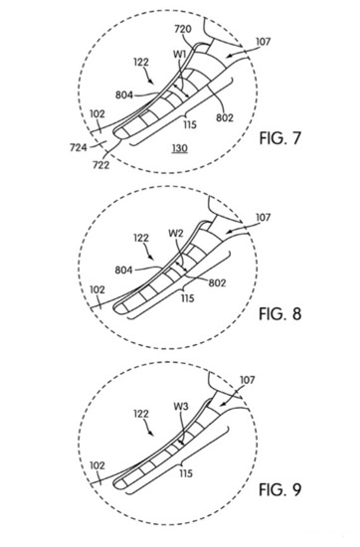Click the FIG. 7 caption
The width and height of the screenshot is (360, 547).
279,138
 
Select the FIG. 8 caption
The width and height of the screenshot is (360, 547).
279,314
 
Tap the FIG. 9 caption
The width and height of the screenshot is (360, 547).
279,489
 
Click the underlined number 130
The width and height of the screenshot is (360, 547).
180,148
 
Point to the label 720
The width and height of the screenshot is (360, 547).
183,29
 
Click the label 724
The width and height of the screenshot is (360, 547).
79,147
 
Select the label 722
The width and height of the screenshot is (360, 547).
100,165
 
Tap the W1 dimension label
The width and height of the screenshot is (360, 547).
180,55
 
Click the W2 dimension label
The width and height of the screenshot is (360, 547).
175,234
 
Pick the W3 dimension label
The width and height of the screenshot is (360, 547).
181,407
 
